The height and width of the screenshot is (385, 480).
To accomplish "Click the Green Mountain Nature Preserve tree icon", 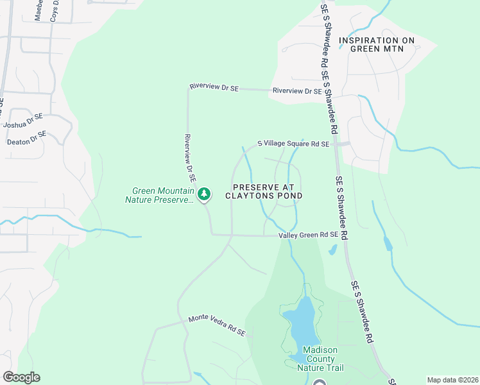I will tap(204, 193).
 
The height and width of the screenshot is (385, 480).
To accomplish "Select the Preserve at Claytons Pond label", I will tap(264, 191).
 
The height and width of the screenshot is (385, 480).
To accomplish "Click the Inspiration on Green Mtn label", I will tap(377, 44).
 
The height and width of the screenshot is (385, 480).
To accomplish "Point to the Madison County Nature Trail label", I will tap(320, 358).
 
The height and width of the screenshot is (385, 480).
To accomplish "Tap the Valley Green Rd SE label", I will tap(308, 235).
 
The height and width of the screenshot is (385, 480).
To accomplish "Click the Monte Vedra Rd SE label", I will tap(217, 326).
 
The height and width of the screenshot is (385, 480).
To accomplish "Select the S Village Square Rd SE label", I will tap(293, 144).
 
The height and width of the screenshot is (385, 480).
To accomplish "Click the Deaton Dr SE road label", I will tap(27, 138).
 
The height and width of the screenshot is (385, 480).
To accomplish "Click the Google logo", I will tap(21, 377).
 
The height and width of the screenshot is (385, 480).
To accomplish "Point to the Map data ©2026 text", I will tap(452, 380).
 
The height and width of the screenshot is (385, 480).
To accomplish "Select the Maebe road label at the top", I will tap(39, 11).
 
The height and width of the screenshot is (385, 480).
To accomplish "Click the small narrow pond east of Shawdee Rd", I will tap(387, 243).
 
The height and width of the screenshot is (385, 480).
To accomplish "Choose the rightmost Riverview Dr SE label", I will tap(296, 91).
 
